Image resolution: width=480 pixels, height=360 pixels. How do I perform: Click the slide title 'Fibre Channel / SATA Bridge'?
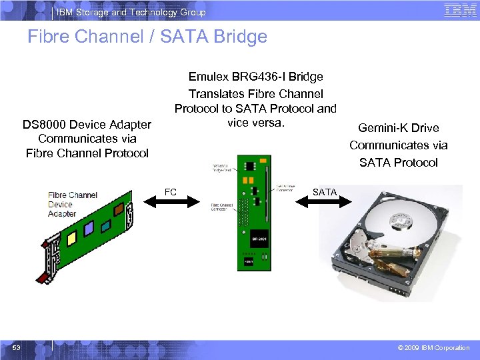pos(147,37)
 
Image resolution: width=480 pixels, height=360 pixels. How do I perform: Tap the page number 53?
pos(15,347)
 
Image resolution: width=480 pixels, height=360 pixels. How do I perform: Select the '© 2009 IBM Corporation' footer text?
pos(433,347)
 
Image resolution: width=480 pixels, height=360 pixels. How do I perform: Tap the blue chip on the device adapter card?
pos(89,229)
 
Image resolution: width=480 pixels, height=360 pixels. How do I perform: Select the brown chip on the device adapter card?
pos(119,209)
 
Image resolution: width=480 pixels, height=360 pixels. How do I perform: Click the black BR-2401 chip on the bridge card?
pos(259,237)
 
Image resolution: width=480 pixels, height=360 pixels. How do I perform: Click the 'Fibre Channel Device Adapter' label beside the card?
pos(72,204)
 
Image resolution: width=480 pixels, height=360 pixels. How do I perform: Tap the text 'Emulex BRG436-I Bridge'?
pos(256,77)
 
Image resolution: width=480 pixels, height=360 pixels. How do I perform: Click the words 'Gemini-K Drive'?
pos(399,128)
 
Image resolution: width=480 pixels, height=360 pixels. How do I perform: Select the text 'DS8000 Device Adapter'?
pos(87,125)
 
